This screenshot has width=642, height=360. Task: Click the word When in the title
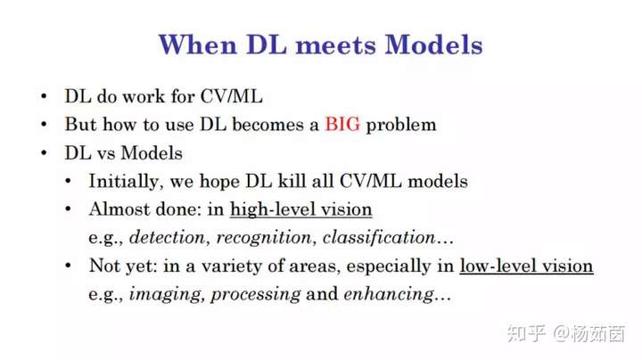click(198, 44)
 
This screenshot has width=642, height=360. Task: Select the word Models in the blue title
click(434, 44)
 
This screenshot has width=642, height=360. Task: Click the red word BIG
click(342, 124)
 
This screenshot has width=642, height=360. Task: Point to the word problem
click(401, 125)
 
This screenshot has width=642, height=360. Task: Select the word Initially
click(124, 182)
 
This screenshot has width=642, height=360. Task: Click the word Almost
click(116, 209)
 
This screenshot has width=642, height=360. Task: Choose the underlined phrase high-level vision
click(301, 210)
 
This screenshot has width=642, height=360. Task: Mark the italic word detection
click(167, 237)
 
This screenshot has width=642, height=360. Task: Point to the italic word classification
click(379, 237)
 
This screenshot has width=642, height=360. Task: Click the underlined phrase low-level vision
click(527, 266)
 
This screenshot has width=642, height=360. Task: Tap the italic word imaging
click(166, 295)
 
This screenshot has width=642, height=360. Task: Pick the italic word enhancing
click(389, 295)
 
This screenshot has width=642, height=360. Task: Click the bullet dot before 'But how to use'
click(44, 125)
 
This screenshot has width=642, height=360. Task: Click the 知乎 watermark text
click(526, 333)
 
